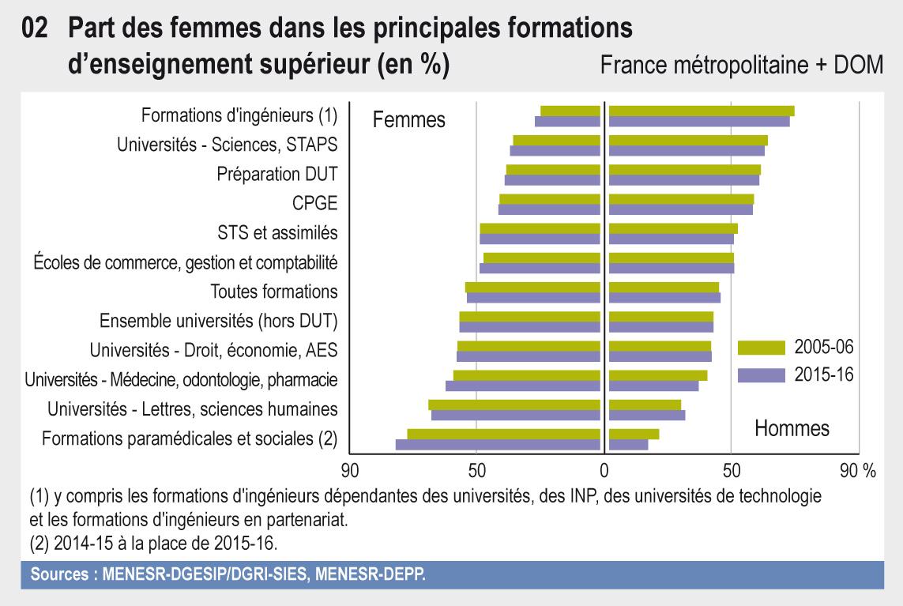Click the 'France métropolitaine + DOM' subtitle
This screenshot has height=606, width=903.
[741, 66]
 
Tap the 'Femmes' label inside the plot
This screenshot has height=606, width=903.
[408, 120]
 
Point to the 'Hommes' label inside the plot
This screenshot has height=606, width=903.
[792, 428]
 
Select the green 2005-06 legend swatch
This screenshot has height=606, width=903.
[761, 348]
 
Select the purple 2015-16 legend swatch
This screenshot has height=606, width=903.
[761, 375]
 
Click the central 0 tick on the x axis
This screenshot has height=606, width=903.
[604, 471]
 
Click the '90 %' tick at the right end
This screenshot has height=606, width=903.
[857, 471]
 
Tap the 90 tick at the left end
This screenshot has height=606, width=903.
[349, 471]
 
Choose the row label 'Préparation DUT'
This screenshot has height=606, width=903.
[277, 174]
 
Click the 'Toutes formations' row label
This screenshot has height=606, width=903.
[274, 291]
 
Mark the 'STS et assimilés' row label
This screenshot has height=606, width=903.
[277, 232]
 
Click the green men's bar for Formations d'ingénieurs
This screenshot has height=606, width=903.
[702, 111]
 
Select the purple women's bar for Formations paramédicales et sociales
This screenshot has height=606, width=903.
[498, 445]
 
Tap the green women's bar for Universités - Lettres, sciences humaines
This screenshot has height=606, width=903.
[514, 405]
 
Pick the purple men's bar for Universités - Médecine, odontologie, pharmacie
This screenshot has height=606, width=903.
[654, 386]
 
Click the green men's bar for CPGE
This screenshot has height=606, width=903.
[681, 199]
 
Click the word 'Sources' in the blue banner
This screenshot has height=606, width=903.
[58, 575]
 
